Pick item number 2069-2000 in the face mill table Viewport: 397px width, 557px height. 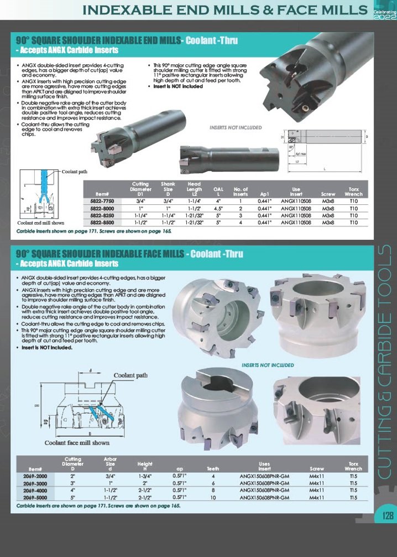(x=35, y=476)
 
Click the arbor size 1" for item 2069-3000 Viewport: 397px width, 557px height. (x=109, y=483)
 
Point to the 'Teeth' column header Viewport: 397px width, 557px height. (x=213, y=468)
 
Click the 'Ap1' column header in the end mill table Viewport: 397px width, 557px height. (x=264, y=194)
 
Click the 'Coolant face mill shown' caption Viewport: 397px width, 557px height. (x=77, y=442)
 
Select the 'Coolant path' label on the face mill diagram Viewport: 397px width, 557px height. (x=130, y=375)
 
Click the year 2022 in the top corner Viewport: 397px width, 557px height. (x=385, y=17)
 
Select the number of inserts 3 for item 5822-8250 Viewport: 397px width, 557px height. (x=241, y=215)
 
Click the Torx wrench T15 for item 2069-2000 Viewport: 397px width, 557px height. (x=353, y=476)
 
